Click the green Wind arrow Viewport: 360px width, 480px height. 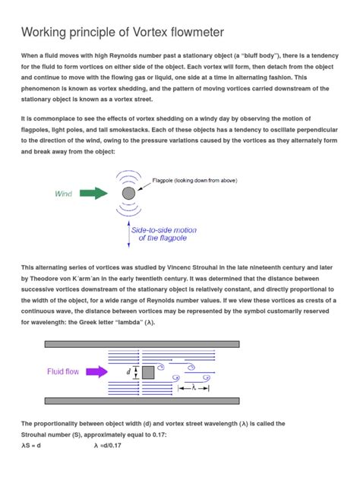(x=95, y=194)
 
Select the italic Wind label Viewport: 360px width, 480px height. (x=63, y=194)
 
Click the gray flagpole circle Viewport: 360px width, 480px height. (x=128, y=194)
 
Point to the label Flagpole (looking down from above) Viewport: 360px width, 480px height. (x=195, y=180)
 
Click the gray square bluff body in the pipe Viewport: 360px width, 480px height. (x=148, y=372)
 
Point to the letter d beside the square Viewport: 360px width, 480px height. (x=128, y=372)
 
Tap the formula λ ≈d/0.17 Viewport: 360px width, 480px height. (x=109, y=446)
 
